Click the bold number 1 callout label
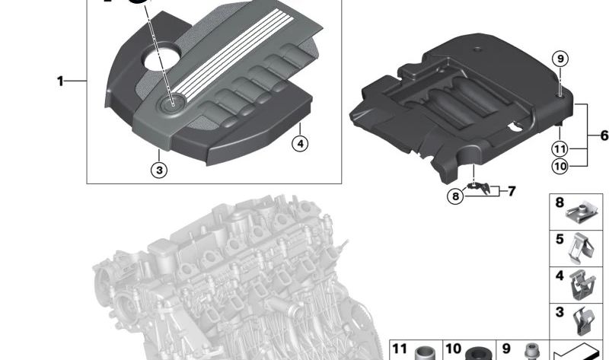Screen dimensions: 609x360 tap(60, 81)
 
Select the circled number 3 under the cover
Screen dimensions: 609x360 tap(159, 170)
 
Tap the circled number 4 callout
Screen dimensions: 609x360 tap(300, 144)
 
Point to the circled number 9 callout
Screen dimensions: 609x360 tap(560, 59)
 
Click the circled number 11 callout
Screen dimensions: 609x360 tap(560, 149)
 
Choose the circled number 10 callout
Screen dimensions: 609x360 tap(560, 166)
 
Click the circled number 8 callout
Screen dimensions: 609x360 tap(455, 196)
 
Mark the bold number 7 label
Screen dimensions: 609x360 tap(512, 191)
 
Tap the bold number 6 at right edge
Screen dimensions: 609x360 tap(604, 135)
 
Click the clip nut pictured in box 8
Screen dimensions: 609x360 tap(581, 213)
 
